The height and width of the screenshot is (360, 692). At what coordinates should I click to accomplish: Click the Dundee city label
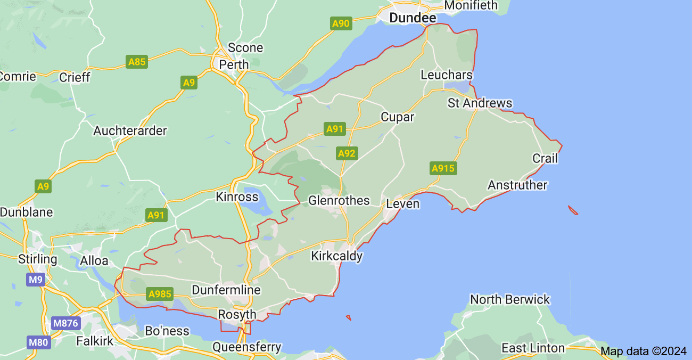click(413, 18)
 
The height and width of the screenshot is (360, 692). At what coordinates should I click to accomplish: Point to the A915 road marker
click(443, 169)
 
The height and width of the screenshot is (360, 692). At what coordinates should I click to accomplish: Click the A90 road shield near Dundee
click(341, 23)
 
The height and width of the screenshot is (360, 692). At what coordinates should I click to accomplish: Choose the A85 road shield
click(137, 62)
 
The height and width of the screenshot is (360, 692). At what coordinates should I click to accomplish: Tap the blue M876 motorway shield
click(65, 323)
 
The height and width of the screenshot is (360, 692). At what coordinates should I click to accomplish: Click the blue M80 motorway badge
click(38, 342)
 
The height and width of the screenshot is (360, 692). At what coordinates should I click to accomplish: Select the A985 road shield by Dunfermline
click(160, 294)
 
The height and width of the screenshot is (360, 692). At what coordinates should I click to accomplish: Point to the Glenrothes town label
click(339, 201)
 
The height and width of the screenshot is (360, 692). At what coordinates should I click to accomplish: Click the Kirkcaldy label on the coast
click(336, 256)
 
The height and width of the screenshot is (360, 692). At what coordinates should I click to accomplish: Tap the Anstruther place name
click(517, 185)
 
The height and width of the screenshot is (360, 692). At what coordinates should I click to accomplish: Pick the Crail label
click(545, 159)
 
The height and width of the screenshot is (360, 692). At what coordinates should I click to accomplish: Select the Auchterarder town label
click(130, 131)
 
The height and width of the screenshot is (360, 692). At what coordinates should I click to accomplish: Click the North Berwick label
click(510, 300)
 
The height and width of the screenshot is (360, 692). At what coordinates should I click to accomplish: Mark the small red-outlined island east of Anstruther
click(573, 210)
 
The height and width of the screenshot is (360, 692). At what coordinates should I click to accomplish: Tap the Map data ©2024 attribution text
click(644, 351)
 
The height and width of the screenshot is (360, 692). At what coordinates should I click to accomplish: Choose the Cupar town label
click(397, 117)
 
